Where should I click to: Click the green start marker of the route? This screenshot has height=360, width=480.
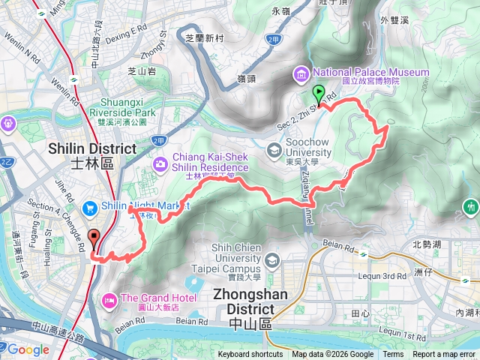pyautogui.click(x=318, y=95)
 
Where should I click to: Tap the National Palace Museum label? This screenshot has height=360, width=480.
pyautogui.click(x=370, y=73)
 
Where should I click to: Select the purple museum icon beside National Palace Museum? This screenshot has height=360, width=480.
pyautogui.click(x=301, y=73)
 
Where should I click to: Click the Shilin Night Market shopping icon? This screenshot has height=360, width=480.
pyautogui.click(x=90, y=207)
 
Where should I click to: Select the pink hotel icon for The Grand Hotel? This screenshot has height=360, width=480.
pyautogui.click(x=108, y=301)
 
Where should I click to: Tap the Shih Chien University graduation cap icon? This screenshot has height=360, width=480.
pyautogui.click(x=271, y=260)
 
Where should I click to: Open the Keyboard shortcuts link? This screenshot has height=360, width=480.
pyautogui.click(x=250, y=355)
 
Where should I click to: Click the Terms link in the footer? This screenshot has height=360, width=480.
pyautogui.click(x=393, y=355)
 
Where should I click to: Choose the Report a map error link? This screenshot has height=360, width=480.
pyautogui.click(x=443, y=355)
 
